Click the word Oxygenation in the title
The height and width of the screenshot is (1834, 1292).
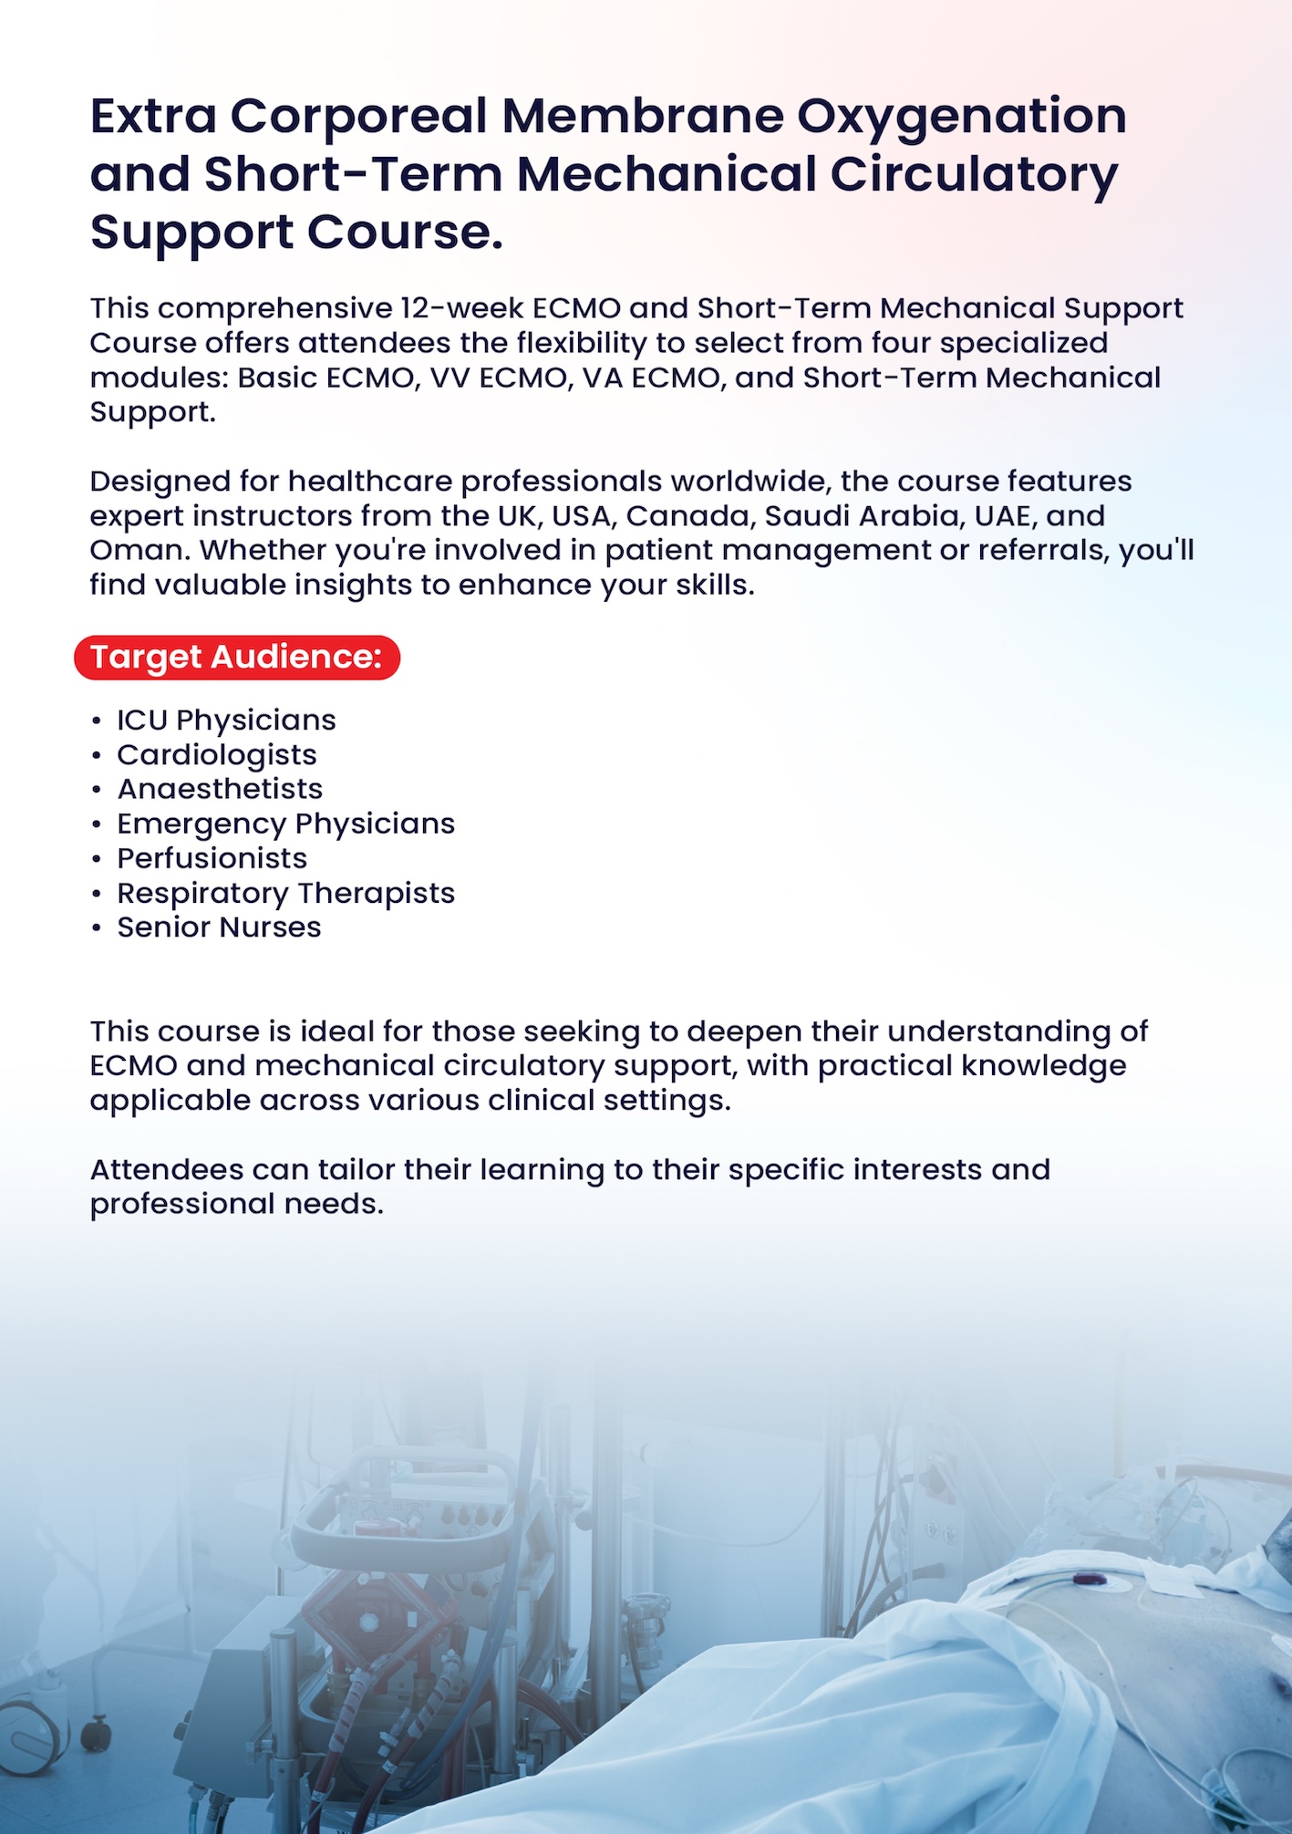tap(961, 117)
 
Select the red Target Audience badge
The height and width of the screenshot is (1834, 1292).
tap(237, 658)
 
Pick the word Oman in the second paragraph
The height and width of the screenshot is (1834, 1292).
tap(139, 551)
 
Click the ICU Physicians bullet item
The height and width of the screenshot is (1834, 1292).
tap(226, 720)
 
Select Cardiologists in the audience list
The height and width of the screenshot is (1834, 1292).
tap(217, 755)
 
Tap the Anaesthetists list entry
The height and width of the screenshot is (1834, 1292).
tap(220, 789)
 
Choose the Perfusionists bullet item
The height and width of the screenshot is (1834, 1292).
tap(212, 858)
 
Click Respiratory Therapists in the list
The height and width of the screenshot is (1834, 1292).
tap(285, 893)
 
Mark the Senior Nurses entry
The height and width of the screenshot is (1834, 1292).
tap(219, 927)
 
